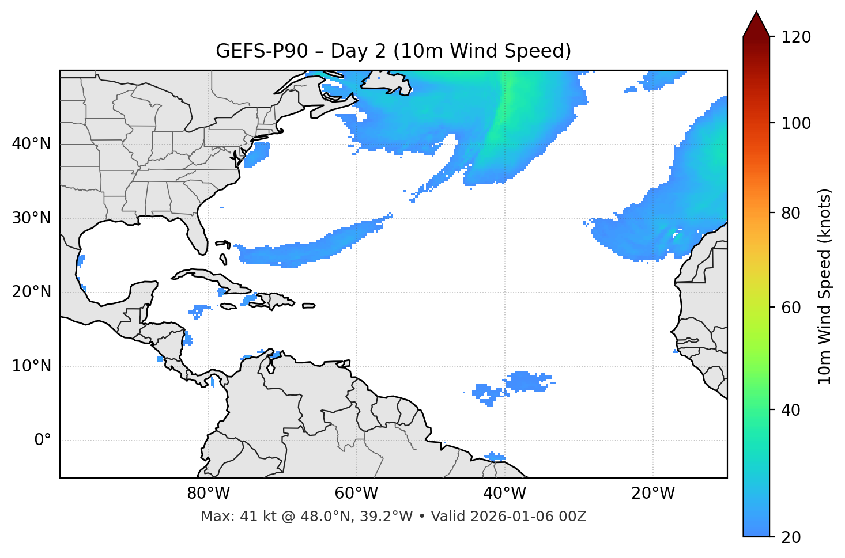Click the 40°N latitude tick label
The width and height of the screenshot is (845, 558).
pos(31,144)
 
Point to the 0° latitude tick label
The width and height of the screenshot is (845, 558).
pos(43,441)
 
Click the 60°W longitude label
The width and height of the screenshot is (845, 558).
pos(356,494)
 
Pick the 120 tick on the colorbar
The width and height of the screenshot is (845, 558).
pos(797,37)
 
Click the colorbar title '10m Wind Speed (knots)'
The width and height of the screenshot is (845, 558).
pos(825,286)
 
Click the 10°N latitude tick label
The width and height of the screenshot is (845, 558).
pos(31,366)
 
